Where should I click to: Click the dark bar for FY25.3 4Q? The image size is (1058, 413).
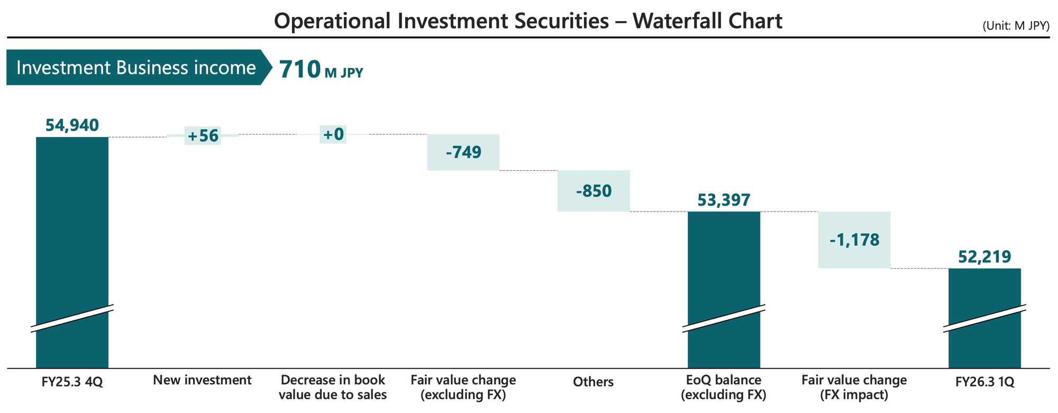click(x=72, y=222)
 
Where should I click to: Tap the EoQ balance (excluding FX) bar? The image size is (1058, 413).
click(x=724, y=264)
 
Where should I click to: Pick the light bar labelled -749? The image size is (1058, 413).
click(x=463, y=152)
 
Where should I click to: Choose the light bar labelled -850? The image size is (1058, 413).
click(x=594, y=191)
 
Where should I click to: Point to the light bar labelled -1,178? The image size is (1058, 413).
click(x=854, y=240)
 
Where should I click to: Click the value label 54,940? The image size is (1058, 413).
click(x=72, y=125)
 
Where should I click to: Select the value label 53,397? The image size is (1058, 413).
click(x=724, y=200)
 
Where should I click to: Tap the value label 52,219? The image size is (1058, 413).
click(x=984, y=257)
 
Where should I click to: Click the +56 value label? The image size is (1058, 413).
click(x=203, y=136)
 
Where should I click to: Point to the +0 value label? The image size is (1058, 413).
click(x=333, y=134)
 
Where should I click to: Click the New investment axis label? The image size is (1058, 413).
click(x=202, y=380)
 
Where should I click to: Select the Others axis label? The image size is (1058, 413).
click(x=594, y=382)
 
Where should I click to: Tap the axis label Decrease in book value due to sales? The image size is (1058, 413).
click(x=333, y=387)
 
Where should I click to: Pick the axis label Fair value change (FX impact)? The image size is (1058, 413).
click(x=854, y=387)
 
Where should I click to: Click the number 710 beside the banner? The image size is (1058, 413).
click(x=299, y=69)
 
